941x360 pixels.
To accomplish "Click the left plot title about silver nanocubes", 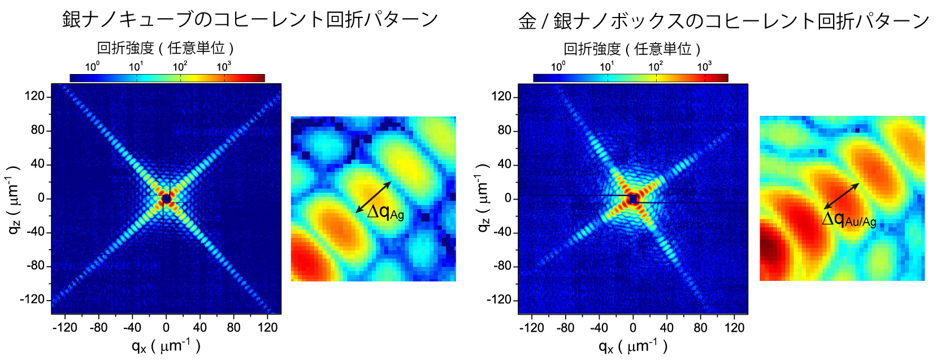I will tap(250, 19).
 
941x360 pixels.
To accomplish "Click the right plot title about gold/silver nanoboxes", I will tap(723, 21).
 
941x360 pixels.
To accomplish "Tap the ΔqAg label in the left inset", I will tap(385, 212).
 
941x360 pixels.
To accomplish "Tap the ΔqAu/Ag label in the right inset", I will tap(849, 219).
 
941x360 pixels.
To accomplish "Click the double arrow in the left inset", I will tap(374, 197).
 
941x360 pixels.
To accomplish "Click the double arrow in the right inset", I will tap(841, 196).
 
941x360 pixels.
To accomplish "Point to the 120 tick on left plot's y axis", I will tap(34, 96).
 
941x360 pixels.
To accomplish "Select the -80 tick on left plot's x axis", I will tap(98, 327).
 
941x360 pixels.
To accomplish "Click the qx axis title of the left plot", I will tap(166, 345).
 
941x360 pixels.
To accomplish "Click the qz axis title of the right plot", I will tap(484, 198).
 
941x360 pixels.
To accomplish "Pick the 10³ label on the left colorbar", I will tap(224, 67).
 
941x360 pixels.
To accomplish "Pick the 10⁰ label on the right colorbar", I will tap(558, 67).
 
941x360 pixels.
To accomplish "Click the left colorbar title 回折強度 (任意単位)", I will tap(166, 48).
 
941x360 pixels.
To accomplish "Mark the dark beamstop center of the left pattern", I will tap(166, 199).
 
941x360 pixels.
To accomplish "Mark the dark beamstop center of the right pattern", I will tap(633, 199).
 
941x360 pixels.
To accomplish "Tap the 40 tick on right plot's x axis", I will tap(667, 327).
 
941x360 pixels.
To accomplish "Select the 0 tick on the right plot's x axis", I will tap(633, 327).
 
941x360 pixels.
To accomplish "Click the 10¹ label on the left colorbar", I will tap(136, 67).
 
